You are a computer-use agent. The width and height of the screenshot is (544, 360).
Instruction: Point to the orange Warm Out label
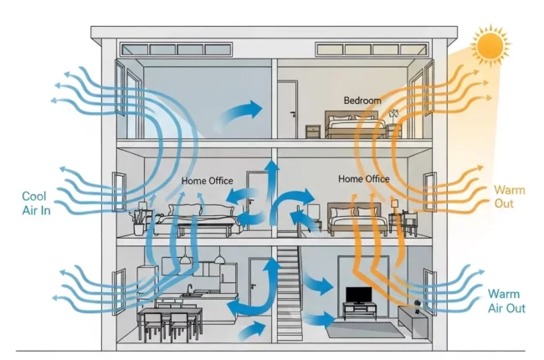point(509,197)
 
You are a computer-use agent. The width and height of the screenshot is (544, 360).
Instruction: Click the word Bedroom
point(362,100)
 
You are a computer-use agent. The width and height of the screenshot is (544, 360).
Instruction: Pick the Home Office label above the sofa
point(207,180)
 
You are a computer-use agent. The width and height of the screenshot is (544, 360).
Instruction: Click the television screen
point(359,296)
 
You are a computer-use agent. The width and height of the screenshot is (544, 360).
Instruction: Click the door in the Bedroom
point(288,110)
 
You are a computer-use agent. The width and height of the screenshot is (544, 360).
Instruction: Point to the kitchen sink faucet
point(192,290)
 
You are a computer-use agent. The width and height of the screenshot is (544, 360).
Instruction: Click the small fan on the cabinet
point(413,302)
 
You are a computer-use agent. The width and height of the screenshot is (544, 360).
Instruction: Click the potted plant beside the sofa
point(139,218)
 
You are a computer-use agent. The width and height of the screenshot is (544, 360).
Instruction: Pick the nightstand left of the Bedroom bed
point(313,131)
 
